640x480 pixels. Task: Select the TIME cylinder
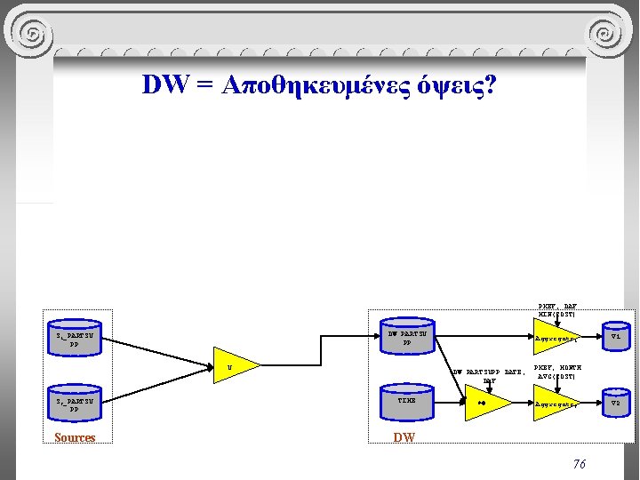pos(406,401)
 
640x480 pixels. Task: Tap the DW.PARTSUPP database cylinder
pos(406,337)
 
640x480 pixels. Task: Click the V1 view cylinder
pos(615,337)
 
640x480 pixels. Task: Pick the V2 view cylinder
pos(615,403)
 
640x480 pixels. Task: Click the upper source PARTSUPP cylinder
pos(75,339)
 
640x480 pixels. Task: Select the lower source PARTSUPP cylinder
pos(75,404)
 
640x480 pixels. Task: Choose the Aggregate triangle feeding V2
pos(555,404)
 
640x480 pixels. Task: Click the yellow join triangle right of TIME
pos(485,403)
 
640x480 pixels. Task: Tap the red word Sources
pos(75,437)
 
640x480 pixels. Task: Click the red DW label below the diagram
pos(404,437)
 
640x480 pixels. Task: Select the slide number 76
pos(579,463)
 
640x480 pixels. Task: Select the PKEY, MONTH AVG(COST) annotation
pos(556,372)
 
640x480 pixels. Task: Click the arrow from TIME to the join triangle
pos(449,402)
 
